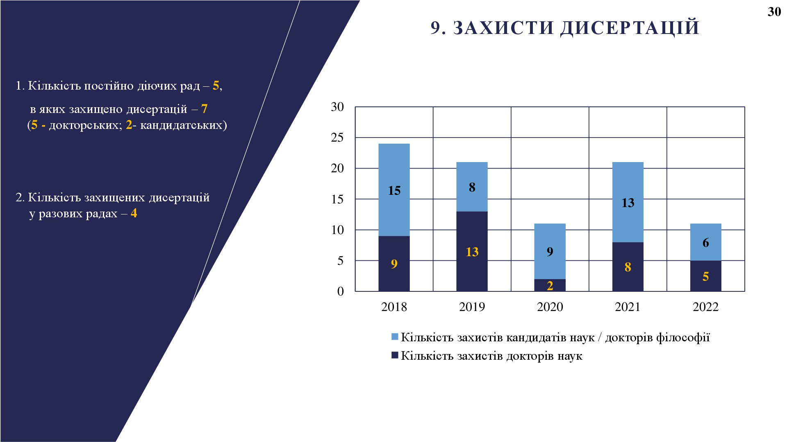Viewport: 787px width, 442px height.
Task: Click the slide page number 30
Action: (x=774, y=12)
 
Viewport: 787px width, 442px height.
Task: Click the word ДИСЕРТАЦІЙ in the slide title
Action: (x=630, y=28)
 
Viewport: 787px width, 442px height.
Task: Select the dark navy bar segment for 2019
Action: (x=472, y=251)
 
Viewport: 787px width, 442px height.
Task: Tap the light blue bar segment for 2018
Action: (x=394, y=190)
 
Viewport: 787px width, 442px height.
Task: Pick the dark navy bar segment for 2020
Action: (x=550, y=285)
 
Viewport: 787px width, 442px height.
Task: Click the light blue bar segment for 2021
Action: (x=628, y=202)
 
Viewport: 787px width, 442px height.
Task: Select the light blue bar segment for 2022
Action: (x=705, y=242)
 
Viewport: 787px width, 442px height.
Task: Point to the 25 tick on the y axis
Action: (x=337, y=138)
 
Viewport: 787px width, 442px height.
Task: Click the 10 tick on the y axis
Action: (x=337, y=230)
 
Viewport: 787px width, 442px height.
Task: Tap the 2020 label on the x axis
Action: (x=550, y=307)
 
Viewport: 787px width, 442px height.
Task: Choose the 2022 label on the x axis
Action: (x=705, y=307)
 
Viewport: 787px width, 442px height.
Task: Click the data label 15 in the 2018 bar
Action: (x=394, y=191)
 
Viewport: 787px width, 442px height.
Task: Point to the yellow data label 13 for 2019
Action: (x=472, y=252)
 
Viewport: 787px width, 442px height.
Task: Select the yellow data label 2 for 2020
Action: (x=550, y=286)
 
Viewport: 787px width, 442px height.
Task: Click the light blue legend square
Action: (x=395, y=337)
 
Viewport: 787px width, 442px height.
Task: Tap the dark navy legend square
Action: (x=395, y=355)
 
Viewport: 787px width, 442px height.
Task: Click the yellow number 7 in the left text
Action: (x=204, y=109)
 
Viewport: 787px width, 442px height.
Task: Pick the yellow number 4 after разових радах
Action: (x=134, y=213)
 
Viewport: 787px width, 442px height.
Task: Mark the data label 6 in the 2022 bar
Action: (x=705, y=243)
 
